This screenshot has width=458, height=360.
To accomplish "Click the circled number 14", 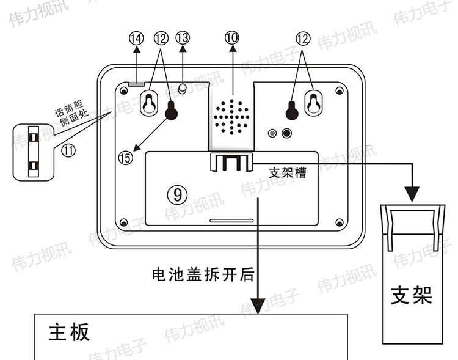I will [x=136, y=38].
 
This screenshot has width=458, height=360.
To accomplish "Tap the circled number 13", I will [x=183, y=38].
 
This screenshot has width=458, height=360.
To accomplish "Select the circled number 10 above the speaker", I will [x=231, y=38].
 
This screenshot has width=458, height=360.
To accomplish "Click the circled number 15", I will [x=125, y=158].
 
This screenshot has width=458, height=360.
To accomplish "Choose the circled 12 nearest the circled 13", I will [x=161, y=38].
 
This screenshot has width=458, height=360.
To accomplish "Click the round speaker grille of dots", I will [x=232, y=115].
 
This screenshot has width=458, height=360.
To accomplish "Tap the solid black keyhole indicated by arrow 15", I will [x=172, y=111].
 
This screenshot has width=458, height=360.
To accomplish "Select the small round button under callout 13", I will [x=182, y=87].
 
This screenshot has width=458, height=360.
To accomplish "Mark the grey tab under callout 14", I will [x=137, y=82].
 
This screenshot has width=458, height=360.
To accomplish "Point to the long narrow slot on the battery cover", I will [x=230, y=220].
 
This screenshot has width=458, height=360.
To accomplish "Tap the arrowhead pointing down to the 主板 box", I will [x=258, y=305].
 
